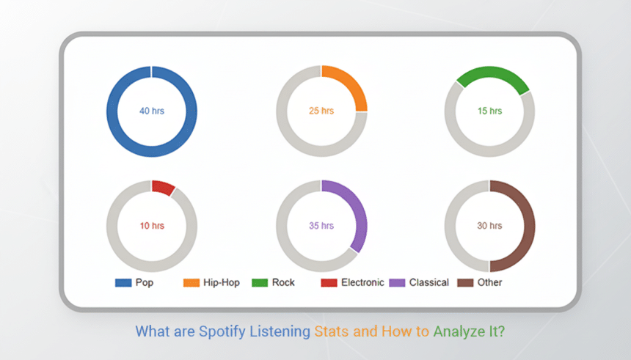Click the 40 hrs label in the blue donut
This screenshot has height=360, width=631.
pyautogui.click(x=152, y=111)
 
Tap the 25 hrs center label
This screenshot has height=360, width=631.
pyautogui.click(x=321, y=111)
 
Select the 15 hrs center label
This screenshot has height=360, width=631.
pyautogui.click(x=490, y=111)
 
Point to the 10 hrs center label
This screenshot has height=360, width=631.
pyautogui.click(x=152, y=226)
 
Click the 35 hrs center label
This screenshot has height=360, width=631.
pyautogui.click(x=321, y=226)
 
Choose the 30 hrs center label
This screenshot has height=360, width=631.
pyautogui.click(x=490, y=226)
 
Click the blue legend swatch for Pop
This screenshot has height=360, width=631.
pyautogui.click(x=123, y=283)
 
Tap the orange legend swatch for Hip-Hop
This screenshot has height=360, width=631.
pyautogui.click(x=191, y=283)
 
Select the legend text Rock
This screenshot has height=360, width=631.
pyautogui.click(x=283, y=283)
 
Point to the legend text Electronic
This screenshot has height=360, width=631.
pyautogui.click(x=362, y=283)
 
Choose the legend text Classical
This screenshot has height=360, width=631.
pyautogui.click(x=429, y=283)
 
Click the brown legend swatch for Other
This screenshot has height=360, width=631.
pyautogui.click(x=465, y=283)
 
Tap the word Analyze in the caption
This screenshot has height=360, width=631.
pyautogui.click(x=462, y=331)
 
